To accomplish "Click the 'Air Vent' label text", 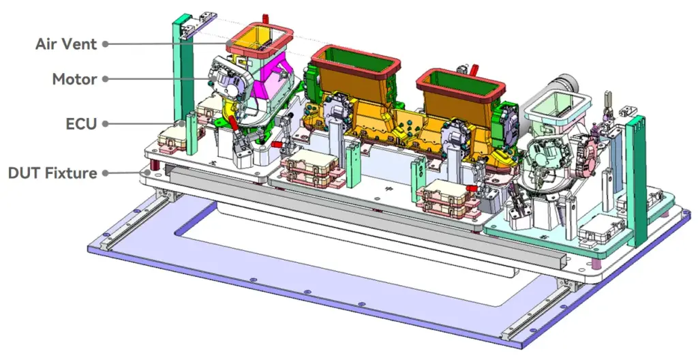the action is pyautogui.click(x=66, y=44).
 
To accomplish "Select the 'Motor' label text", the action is pyautogui.click(x=74, y=79).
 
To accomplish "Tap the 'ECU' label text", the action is pyautogui.click(x=81, y=124).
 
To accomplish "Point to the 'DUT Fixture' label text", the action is pyautogui.click(x=52, y=173).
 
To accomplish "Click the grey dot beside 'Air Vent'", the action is pyautogui.click(x=106, y=44).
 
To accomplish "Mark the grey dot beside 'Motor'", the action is pyautogui.click(x=106, y=79).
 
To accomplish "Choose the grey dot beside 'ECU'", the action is pyautogui.click(x=106, y=124).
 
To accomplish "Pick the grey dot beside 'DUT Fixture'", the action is pyautogui.click(x=106, y=173).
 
